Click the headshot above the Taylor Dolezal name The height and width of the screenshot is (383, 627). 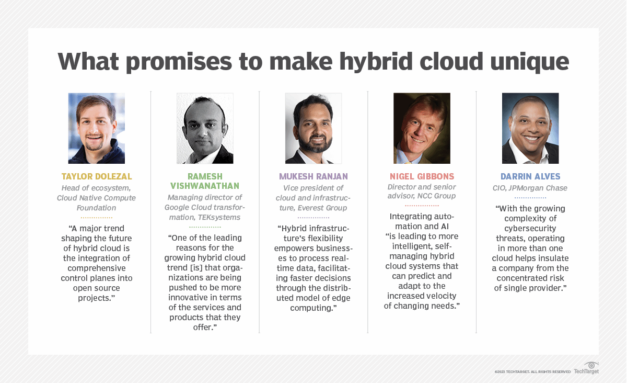tap(97, 128)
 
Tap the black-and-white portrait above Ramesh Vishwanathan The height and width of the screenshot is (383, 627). tap(205, 128)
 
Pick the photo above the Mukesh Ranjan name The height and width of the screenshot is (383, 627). tap(313, 128)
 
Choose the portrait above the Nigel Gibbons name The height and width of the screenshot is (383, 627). tap(422, 128)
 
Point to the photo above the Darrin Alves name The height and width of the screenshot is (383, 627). tap(530, 128)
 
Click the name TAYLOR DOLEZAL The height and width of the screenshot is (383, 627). tap(97, 176)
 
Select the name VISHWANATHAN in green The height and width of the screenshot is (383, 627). tap(205, 186)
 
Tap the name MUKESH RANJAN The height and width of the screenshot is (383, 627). tap(313, 176)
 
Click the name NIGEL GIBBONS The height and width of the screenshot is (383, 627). tap(422, 176)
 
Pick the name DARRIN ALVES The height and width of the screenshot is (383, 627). tap(530, 176)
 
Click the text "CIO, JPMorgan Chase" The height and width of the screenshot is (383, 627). tap(530, 188)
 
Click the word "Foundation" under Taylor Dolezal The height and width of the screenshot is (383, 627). tap(97, 208)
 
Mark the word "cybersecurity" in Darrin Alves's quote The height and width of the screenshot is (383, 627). tap(530, 228)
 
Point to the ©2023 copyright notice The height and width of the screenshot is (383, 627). tap(532, 371)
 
